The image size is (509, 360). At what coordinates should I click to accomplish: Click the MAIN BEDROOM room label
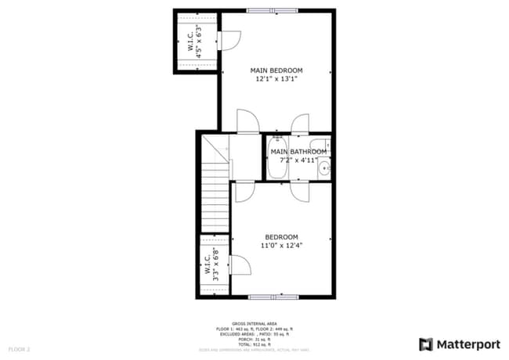click(x=276, y=70)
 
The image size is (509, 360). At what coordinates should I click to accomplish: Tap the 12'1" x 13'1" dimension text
click(x=276, y=80)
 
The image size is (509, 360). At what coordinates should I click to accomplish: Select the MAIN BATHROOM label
click(x=298, y=152)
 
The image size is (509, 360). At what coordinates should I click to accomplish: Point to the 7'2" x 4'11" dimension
click(x=297, y=160)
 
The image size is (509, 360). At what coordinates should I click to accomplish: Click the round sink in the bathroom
click(x=323, y=166)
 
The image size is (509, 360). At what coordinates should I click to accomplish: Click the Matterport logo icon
click(x=426, y=344)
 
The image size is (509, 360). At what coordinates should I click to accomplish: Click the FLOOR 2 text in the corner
click(x=19, y=348)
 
